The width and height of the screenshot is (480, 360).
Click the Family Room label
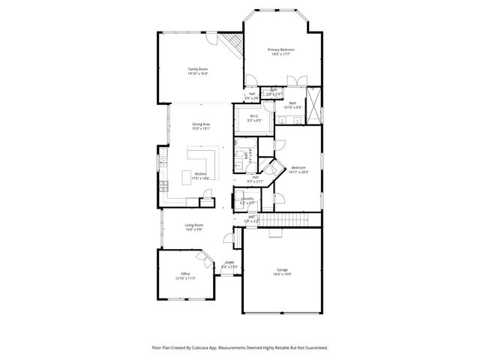(x=198, y=69)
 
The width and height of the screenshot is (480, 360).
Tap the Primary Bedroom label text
(x=282, y=49)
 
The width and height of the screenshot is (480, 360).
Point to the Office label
(x=184, y=273)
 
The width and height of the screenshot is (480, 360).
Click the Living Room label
(x=194, y=225)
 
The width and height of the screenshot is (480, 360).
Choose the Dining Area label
(x=200, y=124)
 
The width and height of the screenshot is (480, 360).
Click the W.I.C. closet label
(x=254, y=116)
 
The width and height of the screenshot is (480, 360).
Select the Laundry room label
(x=247, y=199)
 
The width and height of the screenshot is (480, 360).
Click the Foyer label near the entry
(x=229, y=262)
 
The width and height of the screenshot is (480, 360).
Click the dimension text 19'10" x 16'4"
(x=198, y=73)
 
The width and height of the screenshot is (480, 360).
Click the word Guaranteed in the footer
(x=313, y=348)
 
